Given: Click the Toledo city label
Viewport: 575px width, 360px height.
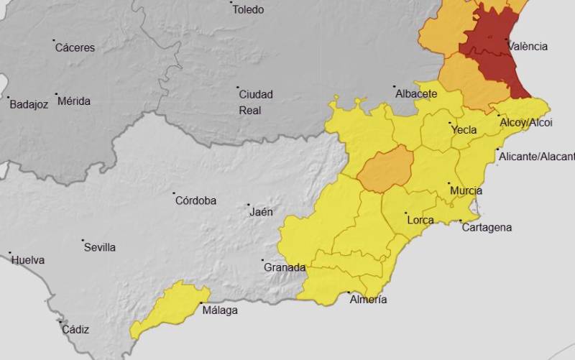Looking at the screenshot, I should click(248, 9).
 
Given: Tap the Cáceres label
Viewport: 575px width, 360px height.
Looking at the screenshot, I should click(75, 47).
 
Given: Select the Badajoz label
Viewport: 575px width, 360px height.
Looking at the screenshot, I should click(29, 104).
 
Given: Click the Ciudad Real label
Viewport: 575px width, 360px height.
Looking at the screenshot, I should click(255, 102).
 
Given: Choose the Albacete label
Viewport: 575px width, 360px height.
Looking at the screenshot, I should click(415, 94).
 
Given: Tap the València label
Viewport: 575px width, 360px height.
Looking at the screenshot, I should click(528, 46).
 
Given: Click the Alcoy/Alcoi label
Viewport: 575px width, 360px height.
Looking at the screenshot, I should click(526, 123).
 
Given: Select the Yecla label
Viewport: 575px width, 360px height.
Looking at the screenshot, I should click(464, 130).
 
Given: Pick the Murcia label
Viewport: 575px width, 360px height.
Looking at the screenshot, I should click(466, 191).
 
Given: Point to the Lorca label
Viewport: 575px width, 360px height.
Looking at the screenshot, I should click(420, 220).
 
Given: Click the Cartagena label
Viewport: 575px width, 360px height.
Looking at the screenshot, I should click(487, 227).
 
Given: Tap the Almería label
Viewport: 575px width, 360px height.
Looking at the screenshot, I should click(367, 299).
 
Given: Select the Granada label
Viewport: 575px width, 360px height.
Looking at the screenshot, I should click(285, 267).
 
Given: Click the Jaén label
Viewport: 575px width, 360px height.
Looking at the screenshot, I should click(261, 212).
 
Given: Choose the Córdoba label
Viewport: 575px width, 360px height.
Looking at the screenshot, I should click(195, 200).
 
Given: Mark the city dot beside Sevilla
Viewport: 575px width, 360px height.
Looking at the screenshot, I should click(83, 241).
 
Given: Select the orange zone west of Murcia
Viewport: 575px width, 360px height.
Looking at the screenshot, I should click(385, 170).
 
